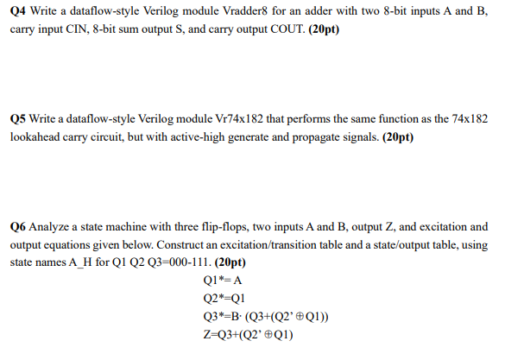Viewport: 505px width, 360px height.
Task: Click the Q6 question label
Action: tap(19, 227)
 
